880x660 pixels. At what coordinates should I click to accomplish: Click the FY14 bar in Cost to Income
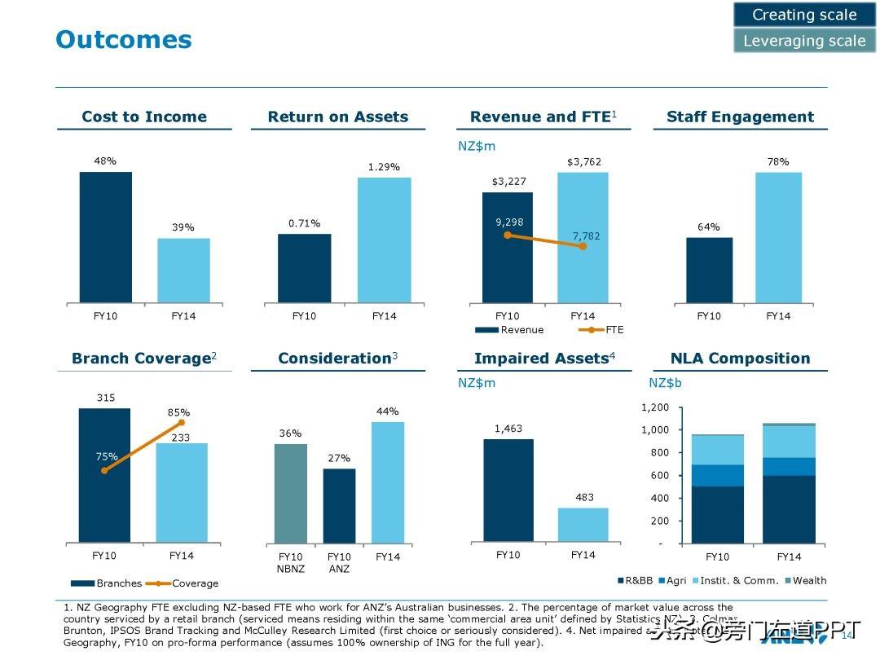click(183, 271)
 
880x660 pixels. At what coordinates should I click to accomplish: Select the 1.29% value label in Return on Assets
click(384, 167)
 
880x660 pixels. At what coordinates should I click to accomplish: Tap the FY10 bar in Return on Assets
click(304, 268)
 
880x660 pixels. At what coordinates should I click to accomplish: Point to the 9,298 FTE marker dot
click(508, 235)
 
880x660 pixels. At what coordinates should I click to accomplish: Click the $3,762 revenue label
click(583, 162)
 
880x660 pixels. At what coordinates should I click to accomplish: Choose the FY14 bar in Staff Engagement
click(778, 237)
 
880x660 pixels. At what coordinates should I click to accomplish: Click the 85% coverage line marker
click(181, 422)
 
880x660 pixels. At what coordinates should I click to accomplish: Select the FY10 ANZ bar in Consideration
click(339, 506)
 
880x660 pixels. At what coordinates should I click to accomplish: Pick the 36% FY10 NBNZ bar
click(291, 494)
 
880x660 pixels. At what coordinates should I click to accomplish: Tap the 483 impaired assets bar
click(583, 525)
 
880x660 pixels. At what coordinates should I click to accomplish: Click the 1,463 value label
click(508, 429)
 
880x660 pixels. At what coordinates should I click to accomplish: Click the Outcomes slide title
click(124, 39)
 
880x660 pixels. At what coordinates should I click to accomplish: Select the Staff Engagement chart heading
click(740, 117)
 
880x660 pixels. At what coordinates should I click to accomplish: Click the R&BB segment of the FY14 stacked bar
click(789, 509)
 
